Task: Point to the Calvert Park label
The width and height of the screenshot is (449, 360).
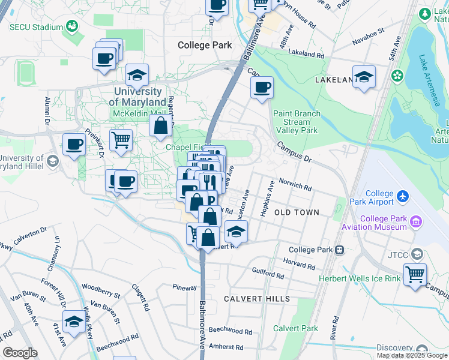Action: [x=295, y=328]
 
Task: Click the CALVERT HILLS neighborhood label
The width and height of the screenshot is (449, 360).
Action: [x=257, y=299]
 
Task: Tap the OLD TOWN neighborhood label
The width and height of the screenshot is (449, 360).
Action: [x=297, y=212]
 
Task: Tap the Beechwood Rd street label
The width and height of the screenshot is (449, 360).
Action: [x=231, y=331]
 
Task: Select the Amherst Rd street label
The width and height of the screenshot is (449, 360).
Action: [x=227, y=347]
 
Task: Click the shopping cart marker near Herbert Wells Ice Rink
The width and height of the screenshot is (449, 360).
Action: [x=415, y=275]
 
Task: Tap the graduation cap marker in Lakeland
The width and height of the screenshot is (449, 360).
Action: [x=364, y=76]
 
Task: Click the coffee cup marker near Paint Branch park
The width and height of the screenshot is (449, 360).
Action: [x=262, y=88]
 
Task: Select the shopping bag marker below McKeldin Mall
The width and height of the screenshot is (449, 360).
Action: [x=161, y=125]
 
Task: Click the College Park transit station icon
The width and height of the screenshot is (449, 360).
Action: [x=339, y=250]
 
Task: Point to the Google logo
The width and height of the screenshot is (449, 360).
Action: [x=20, y=353]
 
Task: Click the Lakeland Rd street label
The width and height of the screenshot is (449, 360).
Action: [x=306, y=54]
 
